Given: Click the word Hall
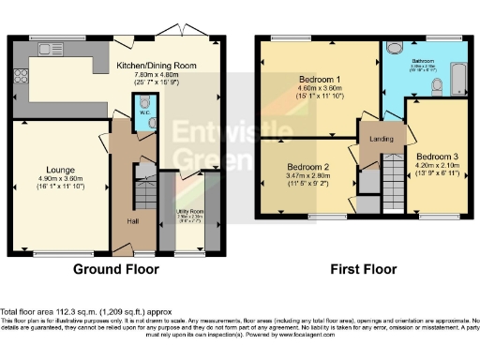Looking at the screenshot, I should [133, 221].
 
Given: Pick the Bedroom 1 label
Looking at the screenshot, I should [319, 79].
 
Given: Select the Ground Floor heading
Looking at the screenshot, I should [115, 269].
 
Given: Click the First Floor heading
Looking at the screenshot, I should [359, 269].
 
